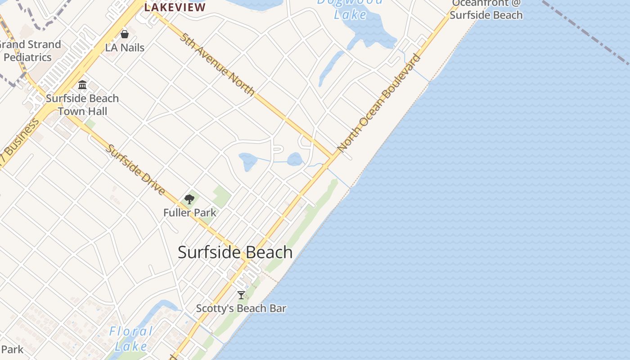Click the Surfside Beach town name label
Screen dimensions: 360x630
(235, 252)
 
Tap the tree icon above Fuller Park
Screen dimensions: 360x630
(189, 199)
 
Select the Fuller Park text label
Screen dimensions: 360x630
(189, 212)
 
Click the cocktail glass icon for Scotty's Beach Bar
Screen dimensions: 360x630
(241, 295)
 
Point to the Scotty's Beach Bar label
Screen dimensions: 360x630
(241, 309)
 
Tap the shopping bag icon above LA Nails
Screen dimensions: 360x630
(125, 34)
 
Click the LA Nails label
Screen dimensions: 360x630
(125, 47)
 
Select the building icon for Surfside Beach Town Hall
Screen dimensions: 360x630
(82, 85)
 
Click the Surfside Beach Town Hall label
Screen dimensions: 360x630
(82, 104)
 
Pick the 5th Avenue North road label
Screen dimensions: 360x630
(217, 64)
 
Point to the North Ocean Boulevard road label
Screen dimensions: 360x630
(379, 103)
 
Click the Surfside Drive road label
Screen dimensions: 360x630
(135, 169)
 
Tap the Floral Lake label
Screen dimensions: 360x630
(131, 339)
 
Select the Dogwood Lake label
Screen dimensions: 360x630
(350, 9)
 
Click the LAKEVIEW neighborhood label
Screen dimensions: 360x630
(175, 7)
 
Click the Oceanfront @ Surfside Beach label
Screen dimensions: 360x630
(486, 9)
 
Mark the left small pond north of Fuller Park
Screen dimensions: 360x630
(248, 161)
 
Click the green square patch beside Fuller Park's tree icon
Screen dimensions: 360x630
(221, 197)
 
